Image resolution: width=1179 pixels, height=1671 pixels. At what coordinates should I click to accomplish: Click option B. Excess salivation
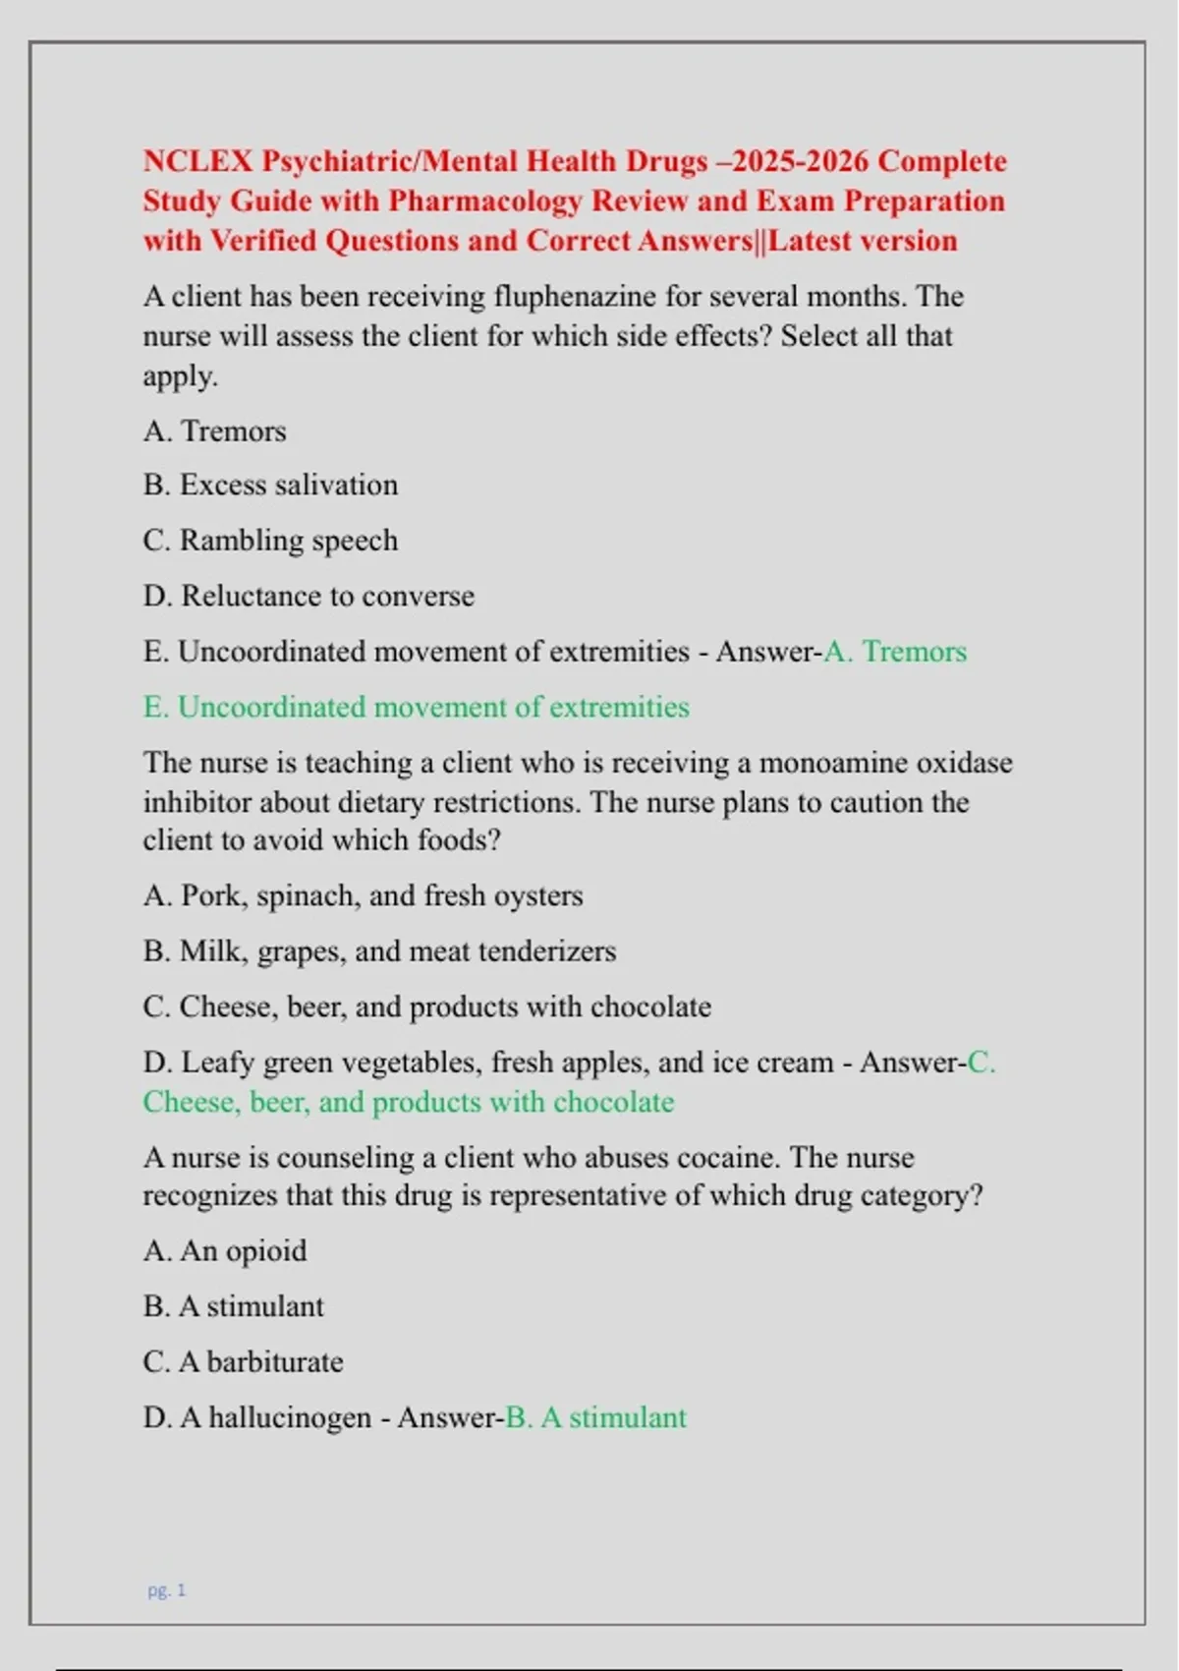point(270,486)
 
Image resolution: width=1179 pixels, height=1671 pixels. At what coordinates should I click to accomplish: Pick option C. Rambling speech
point(270,541)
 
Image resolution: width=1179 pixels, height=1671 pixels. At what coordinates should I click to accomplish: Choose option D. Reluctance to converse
point(309,596)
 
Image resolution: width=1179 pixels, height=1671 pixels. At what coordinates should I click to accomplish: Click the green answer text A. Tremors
point(895,652)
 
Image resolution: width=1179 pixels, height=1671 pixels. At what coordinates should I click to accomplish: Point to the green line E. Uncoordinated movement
point(416,708)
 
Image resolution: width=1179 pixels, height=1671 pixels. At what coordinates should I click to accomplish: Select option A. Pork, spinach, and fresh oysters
point(363,896)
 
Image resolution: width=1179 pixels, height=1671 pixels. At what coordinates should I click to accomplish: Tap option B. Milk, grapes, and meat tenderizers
point(379,951)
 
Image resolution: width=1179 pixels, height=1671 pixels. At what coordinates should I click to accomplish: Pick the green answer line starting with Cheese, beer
point(408,1103)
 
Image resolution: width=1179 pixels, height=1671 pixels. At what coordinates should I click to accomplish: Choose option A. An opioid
point(225,1251)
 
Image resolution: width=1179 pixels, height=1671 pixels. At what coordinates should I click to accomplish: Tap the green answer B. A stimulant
point(595,1418)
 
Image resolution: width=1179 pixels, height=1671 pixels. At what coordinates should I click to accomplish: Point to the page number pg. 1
point(166,1590)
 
